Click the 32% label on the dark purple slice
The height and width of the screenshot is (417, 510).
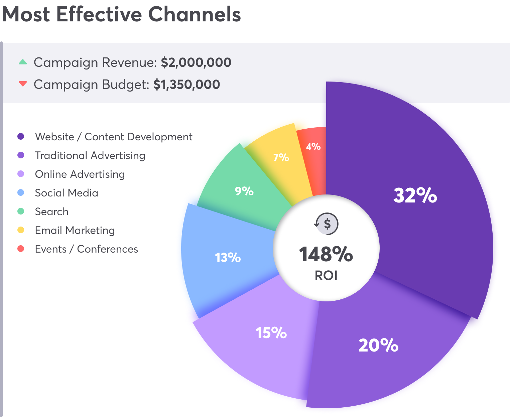pos(415,195)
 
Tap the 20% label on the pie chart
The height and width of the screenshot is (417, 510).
pos(378,345)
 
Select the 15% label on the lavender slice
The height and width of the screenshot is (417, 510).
pos(271,333)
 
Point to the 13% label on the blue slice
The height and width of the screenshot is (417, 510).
pos(228,258)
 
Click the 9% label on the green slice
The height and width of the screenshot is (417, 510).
pos(244,191)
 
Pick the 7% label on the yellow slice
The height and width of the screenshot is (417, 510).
pos(281,157)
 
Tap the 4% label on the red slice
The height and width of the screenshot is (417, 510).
pos(313,146)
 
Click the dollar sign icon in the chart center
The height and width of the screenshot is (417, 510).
pos(327,224)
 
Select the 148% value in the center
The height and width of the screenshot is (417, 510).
pos(326,255)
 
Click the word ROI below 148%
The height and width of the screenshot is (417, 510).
pos(326,276)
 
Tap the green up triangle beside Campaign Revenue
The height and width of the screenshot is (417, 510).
pos(23,62)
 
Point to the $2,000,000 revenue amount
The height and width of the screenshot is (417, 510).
pos(196,62)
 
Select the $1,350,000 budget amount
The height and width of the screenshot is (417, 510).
pos(186,85)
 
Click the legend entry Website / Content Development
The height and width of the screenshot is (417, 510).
pos(113,137)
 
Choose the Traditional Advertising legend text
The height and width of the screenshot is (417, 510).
pos(90,155)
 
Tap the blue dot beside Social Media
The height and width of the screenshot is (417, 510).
pos(21,192)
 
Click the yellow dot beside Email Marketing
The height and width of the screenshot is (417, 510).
pos(21,230)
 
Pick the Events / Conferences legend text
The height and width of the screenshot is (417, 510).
pos(86,249)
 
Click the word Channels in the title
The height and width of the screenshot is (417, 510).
pos(194,15)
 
